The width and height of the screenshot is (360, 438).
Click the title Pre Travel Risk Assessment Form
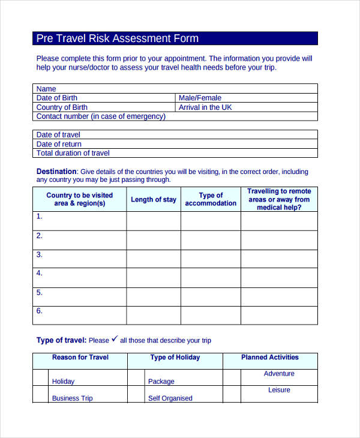(x=118, y=38)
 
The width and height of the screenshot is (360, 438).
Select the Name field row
(x=175, y=89)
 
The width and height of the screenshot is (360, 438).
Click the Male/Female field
(x=246, y=98)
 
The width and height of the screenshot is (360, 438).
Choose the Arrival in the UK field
(x=246, y=107)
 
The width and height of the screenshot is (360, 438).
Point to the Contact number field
(x=175, y=116)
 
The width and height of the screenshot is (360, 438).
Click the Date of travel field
(x=175, y=135)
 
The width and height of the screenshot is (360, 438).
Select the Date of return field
(x=175, y=144)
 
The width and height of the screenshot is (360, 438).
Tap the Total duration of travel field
(x=175, y=153)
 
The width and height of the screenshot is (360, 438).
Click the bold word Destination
(x=56, y=171)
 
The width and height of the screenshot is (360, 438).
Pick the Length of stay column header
(x=154, y=200)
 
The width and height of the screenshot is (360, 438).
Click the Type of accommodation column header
(x=211, y=199)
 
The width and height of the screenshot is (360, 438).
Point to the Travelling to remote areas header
(x=279, y=199)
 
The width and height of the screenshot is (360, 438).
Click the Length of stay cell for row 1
(x=154, y=221)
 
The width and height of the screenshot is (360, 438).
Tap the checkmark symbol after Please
(x=115, y=339)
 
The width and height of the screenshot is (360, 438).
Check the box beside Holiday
(x=40, y=377)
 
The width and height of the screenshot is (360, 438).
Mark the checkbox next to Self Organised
(x=136, y=394)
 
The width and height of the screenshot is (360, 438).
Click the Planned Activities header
(x=270, y=358)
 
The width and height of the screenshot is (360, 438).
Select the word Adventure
(x=279, y=374)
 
